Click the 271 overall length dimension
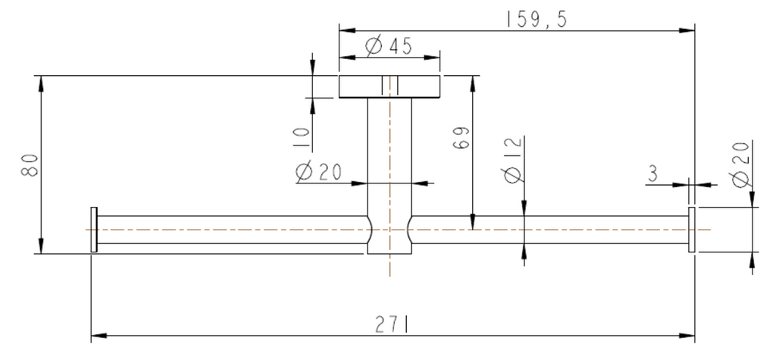click(x=392, y=324)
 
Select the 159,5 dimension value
click(x=537, y=19)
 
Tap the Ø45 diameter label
click(x=389, y=46)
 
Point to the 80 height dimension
click(x=30, y=164)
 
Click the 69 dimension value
click(x=461, y=137)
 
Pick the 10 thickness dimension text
click(x=301, y=138)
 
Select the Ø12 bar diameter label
click(x=513, y=159)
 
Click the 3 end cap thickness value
click(x=652, y=174)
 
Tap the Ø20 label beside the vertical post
click(x=318, y=172)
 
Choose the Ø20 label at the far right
click(x=741, y=164)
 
